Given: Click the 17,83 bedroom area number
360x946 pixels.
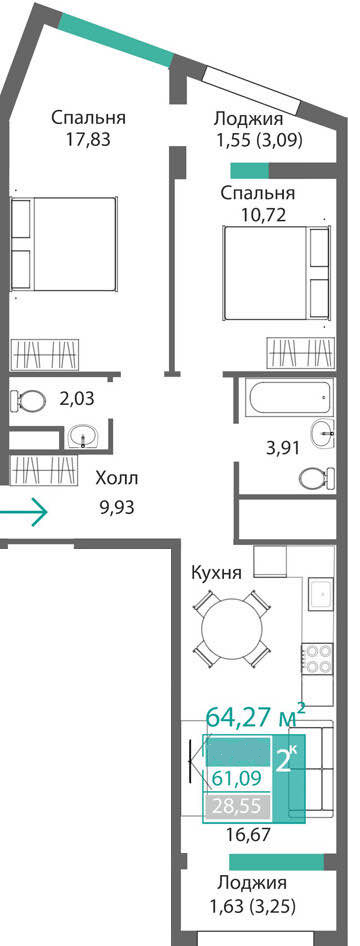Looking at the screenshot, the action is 89,139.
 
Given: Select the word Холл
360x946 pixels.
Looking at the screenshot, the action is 117,479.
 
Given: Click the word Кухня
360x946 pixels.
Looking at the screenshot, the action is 216,572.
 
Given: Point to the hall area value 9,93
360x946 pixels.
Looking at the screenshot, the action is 117,507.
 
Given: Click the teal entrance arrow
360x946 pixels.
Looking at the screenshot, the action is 24,513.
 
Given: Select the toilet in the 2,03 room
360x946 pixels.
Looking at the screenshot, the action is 28,399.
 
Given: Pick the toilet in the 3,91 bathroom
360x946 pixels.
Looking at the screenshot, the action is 317,477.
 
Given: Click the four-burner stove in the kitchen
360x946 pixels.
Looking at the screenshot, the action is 318,658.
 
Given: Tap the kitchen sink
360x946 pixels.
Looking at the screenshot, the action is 321,595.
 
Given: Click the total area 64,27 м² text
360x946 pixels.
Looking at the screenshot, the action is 256,718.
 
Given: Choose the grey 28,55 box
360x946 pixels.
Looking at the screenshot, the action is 236,805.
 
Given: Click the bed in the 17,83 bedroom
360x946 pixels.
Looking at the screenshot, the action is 63,244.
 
